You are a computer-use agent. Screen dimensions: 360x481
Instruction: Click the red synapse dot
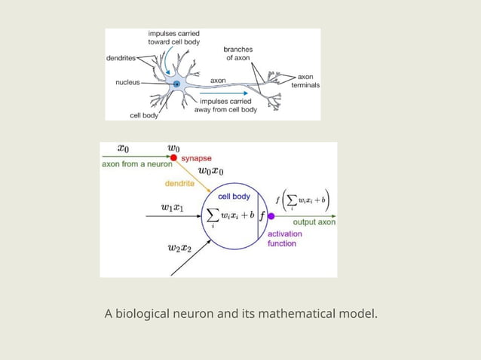pos(174,157)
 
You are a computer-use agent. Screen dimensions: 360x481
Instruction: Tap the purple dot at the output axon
pos(271,215)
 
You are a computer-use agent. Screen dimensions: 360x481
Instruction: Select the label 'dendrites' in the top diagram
pos(121,58)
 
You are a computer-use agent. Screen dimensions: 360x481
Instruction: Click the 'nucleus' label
pos(127,82)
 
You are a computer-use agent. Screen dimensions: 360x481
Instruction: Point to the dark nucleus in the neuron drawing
pos(176,84)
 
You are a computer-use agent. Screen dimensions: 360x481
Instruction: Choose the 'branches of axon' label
pos(238,53)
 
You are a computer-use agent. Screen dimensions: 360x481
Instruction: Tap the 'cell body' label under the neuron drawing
pos(143,115)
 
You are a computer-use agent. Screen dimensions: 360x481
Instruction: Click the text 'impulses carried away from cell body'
pos(225,105)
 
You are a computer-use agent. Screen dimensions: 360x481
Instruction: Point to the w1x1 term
pos(172,206)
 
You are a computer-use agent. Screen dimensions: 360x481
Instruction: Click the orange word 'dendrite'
pos(179,183)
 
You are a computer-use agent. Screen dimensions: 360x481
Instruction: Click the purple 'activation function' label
pos(285,239)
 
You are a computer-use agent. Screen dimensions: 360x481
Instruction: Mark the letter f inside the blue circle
pos(262,215)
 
